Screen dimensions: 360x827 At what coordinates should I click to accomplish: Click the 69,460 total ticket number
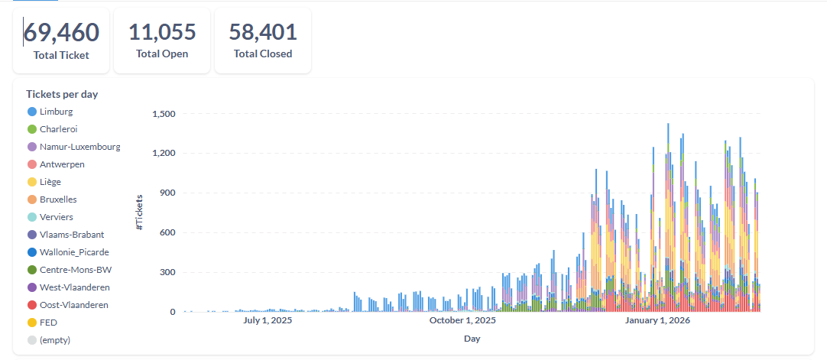(61, 33)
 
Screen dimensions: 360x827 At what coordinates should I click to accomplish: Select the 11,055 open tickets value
(162, 32)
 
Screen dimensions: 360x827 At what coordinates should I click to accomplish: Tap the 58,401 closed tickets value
(263, 32)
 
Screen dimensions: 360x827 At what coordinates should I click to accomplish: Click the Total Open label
(162, 54)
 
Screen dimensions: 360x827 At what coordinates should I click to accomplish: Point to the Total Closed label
(263, 54)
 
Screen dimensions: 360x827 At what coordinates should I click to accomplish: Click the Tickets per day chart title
(62, 94)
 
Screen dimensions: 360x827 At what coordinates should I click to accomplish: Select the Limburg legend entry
(56, 112)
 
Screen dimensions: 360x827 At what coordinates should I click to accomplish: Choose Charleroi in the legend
(58, 129)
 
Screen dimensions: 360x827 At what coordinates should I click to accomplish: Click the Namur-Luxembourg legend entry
(79, 147)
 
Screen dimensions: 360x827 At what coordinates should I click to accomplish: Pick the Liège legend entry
(50, 182)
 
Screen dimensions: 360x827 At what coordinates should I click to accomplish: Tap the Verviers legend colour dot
(32, 217)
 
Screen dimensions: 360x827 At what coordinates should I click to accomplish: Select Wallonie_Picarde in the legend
(73, 252)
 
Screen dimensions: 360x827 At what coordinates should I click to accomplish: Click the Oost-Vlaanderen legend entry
(73, 305)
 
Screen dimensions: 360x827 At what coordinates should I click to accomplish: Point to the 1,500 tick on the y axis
(164, 114)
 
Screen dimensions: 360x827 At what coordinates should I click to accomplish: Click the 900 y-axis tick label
(167, 193)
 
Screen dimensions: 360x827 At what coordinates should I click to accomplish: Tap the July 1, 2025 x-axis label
(268, 320)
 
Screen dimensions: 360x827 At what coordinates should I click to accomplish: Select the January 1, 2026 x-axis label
(657, 320)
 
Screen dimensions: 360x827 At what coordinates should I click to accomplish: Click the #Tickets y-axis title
(139, 212)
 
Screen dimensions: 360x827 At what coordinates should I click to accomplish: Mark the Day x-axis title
(472, 338)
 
